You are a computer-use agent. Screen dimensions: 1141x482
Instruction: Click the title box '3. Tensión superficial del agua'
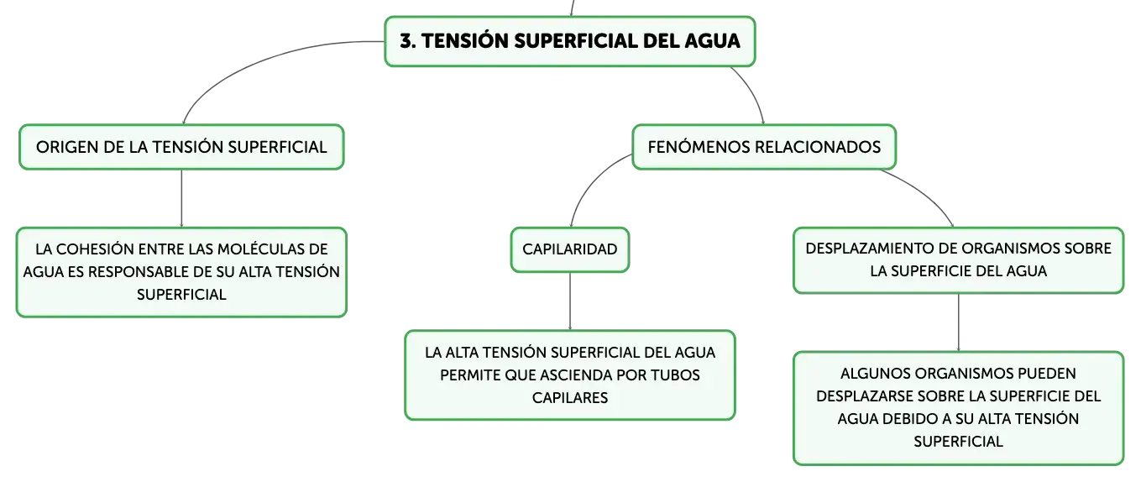point(569,41)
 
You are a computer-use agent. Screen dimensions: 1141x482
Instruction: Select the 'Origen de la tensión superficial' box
point(181,147)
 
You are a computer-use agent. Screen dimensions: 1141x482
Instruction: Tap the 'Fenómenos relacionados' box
point(764,147)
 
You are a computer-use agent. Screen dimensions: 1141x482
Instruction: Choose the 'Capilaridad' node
point(570,249)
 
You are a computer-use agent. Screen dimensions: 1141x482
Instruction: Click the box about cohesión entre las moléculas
point(181,272)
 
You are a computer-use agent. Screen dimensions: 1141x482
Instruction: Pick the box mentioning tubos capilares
point(570,375)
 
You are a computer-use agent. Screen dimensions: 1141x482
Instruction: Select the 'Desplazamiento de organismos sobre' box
point(958,260)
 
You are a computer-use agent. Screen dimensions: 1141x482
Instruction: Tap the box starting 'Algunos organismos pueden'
point(958,407)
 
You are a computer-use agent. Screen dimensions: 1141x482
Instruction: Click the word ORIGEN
point(67,147)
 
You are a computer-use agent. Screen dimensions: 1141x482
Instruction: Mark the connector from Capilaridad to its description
point(570,301)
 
